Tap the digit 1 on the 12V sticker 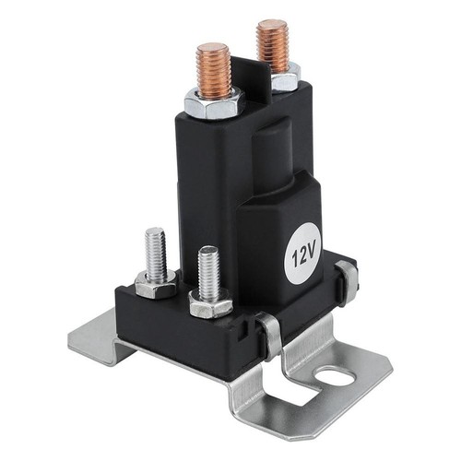[x=290, y=261]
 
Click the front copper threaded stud [x=214, y=70]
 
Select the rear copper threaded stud [x=272, y=46]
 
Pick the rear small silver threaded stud [x=156, y=254]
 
